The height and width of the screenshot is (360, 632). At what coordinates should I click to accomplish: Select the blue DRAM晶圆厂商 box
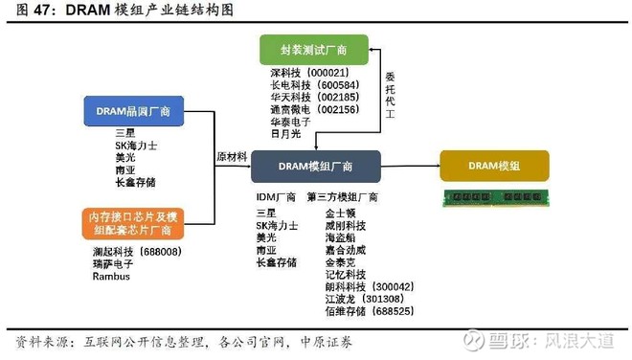pos(133,111)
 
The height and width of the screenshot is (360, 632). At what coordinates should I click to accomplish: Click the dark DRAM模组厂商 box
pos(315,166)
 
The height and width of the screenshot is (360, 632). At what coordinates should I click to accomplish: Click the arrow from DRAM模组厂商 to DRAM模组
pos(409,166)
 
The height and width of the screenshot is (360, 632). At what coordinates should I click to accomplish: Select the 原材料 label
pos(234,156)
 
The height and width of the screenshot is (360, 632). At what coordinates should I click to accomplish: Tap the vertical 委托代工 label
pos(390,100)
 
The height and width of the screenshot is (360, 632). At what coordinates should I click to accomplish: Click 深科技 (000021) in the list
pos(308,73)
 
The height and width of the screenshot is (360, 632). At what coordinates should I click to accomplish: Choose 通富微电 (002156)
pos(308,110)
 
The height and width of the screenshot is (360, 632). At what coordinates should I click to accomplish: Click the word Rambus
pos(111,276)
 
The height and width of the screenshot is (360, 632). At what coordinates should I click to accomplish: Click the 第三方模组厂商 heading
pos(343,197)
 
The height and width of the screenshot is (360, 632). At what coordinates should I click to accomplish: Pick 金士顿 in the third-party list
pos(341,213)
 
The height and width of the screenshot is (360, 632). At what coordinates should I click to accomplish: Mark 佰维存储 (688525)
pos(369,311)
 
